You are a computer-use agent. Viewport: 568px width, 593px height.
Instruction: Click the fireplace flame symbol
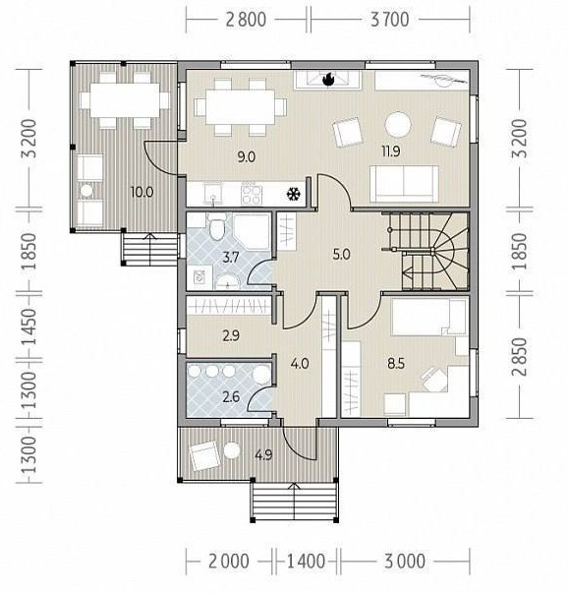click(328, 80)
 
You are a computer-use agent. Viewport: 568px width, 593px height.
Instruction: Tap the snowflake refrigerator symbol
click(294, 195)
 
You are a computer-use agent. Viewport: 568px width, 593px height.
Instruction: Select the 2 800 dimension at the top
click(246, 20)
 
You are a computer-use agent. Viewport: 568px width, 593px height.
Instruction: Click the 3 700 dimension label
click(389, 20)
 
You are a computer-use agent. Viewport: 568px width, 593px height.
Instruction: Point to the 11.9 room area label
click(391, 151)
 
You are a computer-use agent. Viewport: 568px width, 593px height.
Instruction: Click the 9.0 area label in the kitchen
click(247, 156)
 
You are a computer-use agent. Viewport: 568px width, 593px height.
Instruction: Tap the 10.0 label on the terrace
click(142, 192)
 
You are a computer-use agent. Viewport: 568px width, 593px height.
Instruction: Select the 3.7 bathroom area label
click(231, 258)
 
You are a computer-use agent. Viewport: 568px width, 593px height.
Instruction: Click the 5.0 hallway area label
click(341, 255)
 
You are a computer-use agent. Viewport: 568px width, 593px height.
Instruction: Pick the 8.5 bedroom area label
click(396, 364)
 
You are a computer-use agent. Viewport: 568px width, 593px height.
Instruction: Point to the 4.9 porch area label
click(263, 455)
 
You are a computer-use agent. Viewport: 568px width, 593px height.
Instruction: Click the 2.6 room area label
click(231, 397)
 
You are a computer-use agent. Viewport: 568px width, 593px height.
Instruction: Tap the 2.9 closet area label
click(231, 335)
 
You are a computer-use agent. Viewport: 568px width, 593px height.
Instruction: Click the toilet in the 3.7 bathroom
click(217, 226)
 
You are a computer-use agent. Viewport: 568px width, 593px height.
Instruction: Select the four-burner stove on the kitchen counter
click(252, 195)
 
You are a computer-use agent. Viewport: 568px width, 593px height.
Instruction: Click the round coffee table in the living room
click(398, 125)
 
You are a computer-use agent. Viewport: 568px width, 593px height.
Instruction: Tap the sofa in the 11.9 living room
click(404, 184)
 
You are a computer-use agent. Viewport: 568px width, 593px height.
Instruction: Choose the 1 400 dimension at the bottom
click(306, 562)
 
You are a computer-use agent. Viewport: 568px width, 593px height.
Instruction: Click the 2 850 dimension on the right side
click(520, 356)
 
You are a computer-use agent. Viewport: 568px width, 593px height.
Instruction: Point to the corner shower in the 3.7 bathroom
click(253, 231)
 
